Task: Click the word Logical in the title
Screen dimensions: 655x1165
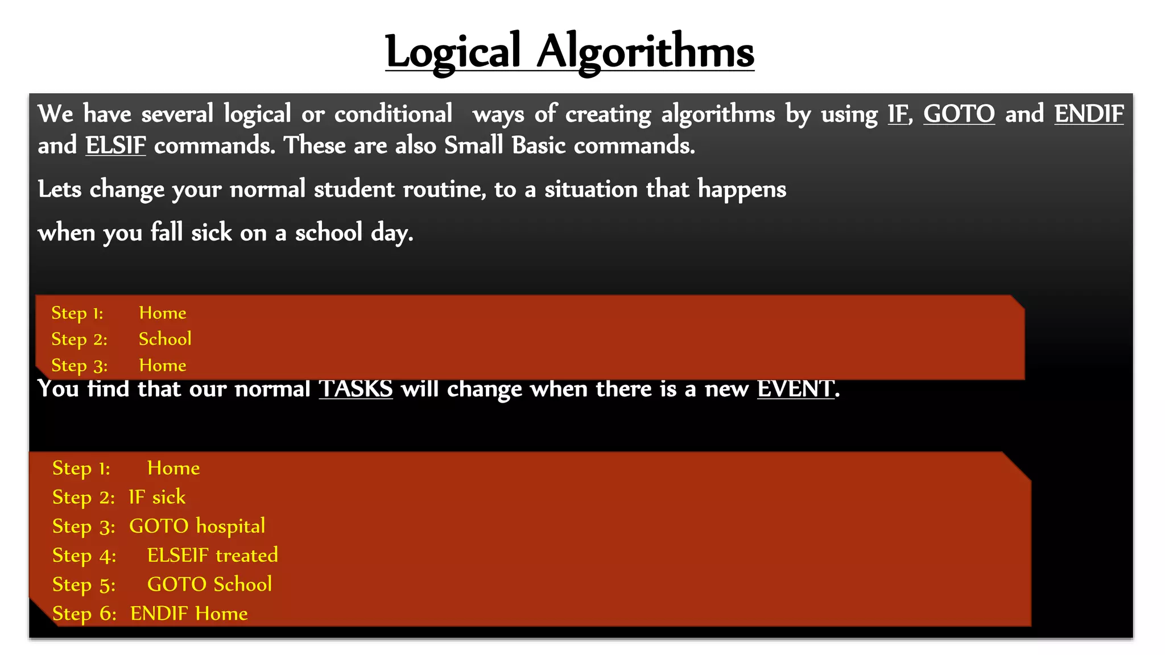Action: [452, 52]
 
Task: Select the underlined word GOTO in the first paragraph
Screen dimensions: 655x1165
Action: [959, 114]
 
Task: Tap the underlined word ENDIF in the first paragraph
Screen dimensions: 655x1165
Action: [1089, 114]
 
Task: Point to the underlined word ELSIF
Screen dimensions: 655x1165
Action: [115, 146]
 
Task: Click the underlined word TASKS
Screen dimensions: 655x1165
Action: [356, 389]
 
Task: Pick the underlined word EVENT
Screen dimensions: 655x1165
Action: [795, 389]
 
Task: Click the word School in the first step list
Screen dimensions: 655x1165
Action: [165, 339]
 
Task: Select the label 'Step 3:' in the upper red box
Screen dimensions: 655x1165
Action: [79, 365]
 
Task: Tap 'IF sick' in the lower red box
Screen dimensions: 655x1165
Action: [157, 497]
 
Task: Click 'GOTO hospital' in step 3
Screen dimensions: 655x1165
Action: [197, 526]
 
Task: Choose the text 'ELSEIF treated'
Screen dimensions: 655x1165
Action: [212, 555]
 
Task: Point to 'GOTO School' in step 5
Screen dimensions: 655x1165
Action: [209, 584]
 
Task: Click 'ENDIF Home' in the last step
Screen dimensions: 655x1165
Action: [189, 613]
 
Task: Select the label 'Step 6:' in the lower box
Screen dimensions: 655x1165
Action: [84, 613]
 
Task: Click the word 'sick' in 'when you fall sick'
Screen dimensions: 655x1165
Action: [212, 233]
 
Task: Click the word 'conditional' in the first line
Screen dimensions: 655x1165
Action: [393, 114]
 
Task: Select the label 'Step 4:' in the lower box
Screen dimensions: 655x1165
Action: [84, 555]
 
